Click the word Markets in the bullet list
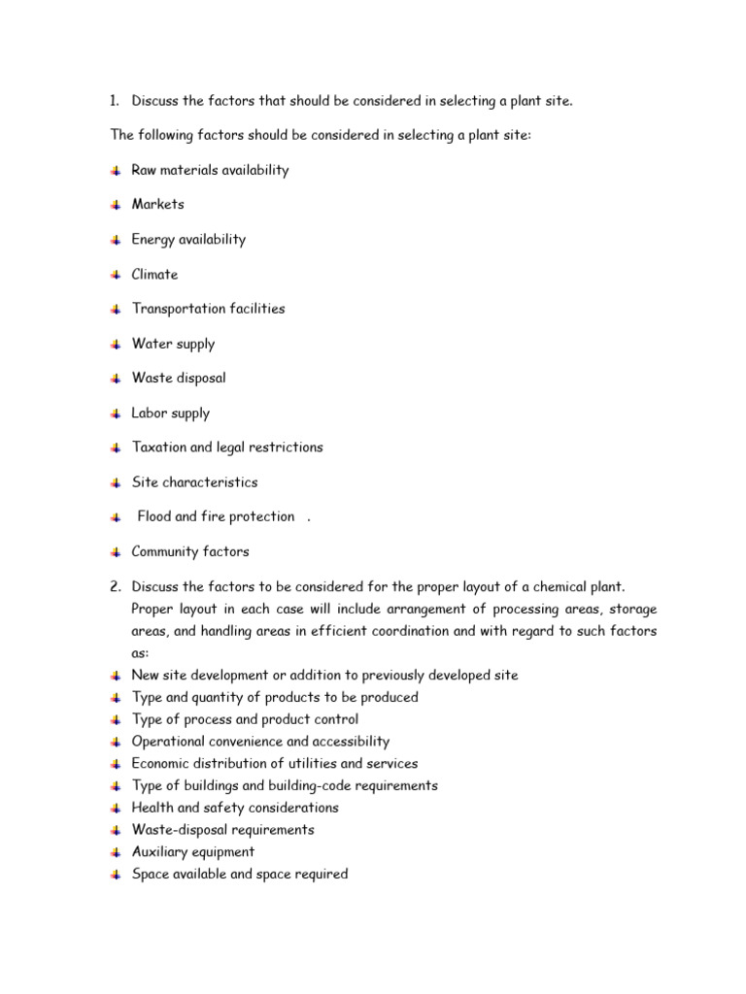157,205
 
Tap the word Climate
154,275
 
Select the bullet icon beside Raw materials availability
116,171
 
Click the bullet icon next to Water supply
116,345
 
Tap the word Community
163,551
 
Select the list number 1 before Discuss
114,101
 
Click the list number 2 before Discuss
115,586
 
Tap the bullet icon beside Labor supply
116,414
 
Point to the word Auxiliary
161,851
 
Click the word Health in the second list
153,808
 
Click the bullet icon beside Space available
116,875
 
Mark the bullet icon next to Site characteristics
116,482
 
